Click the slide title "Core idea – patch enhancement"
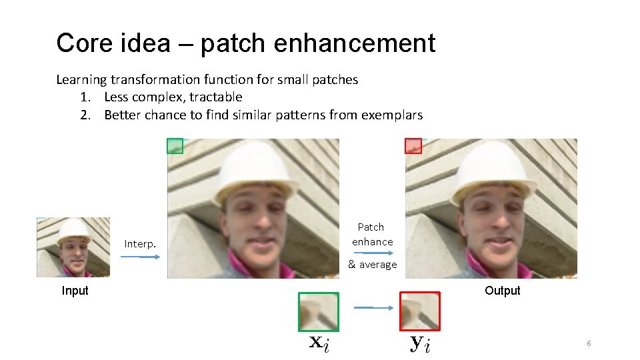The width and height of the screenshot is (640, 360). pos(245,43)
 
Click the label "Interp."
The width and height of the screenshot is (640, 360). pos(140,245)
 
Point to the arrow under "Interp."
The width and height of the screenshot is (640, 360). pos(140,257)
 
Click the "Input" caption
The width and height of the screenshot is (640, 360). pos(75,291)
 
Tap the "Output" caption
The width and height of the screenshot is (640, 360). pos(502,291)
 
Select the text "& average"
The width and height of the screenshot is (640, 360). pos(372,265)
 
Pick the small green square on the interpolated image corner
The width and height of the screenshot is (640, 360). pos(175,145)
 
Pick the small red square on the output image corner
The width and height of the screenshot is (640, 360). pos(413,145)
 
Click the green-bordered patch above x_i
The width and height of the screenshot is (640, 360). pos(319,312)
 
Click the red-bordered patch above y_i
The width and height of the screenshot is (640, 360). pos(420,311)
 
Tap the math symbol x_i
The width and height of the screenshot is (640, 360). pos(319,343)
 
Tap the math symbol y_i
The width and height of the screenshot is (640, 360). pos(420,344)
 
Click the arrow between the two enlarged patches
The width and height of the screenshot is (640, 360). pos(373,307)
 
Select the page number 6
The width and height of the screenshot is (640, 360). pos(589,343)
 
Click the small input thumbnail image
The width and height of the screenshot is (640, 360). pos(73,247)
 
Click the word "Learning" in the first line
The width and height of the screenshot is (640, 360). pos(81,80)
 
